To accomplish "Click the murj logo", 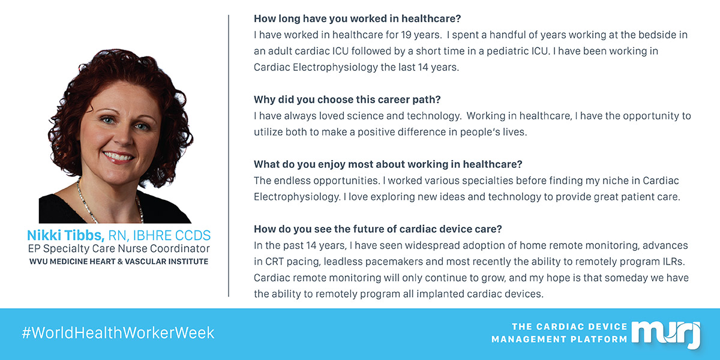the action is click(x=667, y=334).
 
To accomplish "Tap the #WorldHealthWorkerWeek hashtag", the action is click(x=118, y=332).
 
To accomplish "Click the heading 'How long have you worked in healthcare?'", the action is click(x=357, y=19).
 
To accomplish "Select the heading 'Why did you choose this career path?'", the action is click(x=347, y=100).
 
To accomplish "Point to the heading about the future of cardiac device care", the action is click(x=377, y=229).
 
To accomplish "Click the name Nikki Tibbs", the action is click(x=65, y=235).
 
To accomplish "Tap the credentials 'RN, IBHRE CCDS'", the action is click(x=160, y=236).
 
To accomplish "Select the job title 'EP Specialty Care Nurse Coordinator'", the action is click(x=119, y=248).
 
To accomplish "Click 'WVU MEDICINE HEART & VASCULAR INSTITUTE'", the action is click(x=119, y=262).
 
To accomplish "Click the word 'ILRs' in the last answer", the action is click(x=673, y=262).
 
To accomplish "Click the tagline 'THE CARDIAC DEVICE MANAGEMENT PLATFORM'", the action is click(x=559, y=333).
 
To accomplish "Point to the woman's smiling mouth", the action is click(x=118, y=157).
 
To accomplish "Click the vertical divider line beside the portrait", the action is click(x=229, y=155).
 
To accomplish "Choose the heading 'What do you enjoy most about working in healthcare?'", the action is click(x=388, y=164).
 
